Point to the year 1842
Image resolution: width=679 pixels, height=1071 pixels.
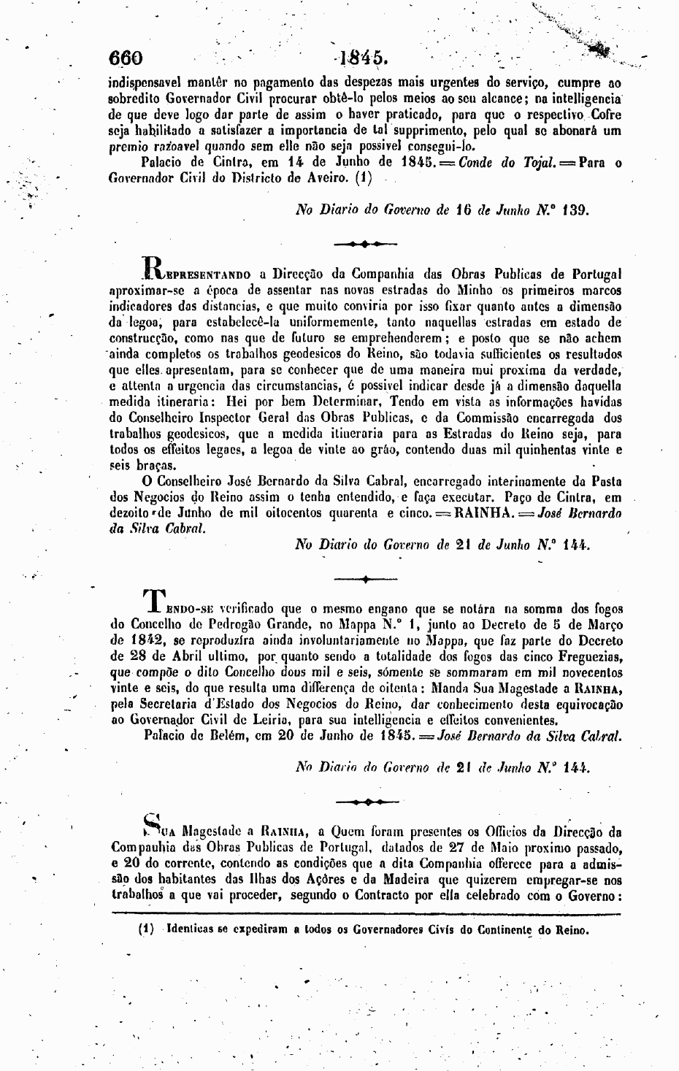[132, 640]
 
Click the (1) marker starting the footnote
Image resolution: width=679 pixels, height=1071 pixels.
[145, 931]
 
